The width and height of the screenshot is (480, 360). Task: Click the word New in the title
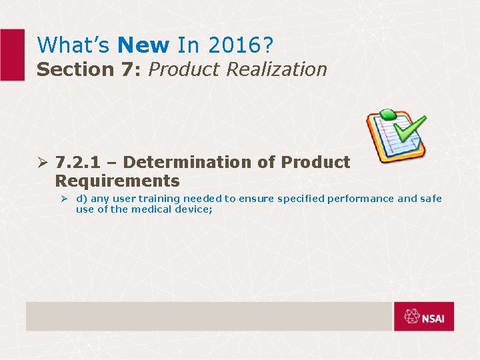coord(143,45)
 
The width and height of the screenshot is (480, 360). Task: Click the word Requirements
coord(117,181)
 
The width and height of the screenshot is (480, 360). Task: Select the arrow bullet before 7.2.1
coord(43,163)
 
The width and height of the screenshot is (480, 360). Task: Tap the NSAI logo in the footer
coord(423,317)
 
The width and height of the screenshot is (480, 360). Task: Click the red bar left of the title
coord(11,55)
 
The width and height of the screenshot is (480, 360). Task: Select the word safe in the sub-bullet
coord(430,199)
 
